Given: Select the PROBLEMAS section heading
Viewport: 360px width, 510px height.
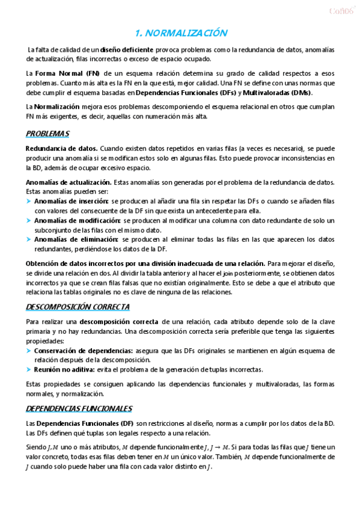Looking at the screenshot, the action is pos(47,133).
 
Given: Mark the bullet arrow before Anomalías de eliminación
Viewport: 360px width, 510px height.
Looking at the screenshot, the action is pos(29,240).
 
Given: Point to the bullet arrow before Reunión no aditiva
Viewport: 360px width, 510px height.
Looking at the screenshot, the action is pos(29,370).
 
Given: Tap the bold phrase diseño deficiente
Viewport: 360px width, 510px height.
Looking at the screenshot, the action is pos(127,49).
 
